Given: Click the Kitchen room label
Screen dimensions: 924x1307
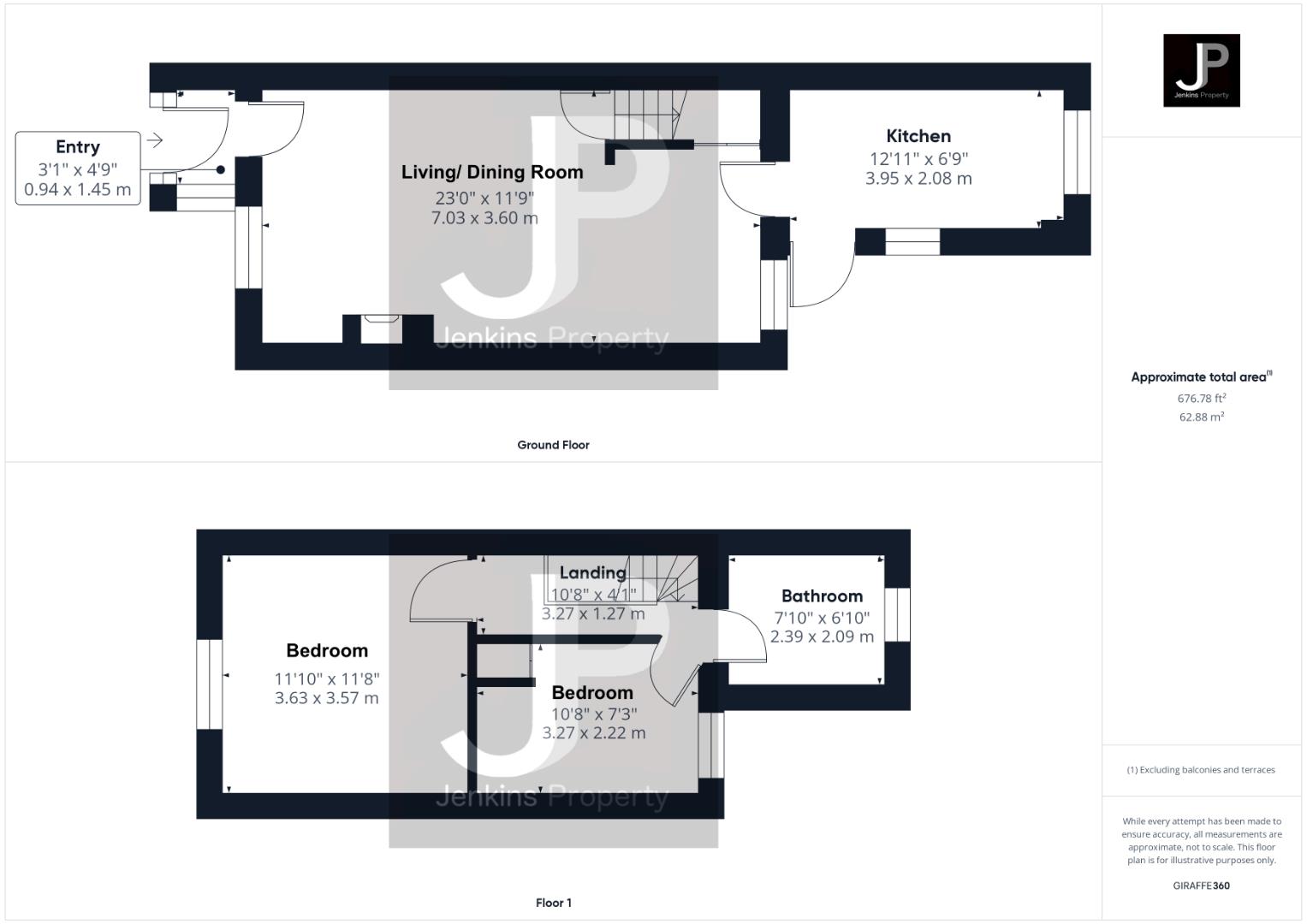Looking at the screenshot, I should [x=918, y=136].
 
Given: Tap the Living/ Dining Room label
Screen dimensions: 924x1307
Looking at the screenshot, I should [x=492, y=172].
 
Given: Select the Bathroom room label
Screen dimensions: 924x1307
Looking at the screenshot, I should [x=822, y=596].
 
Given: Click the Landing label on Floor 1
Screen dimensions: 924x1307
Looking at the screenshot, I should [x=592, y=573].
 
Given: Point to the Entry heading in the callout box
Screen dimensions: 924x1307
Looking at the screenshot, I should [x=78, y=147].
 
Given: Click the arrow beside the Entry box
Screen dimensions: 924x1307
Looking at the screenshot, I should [x=155, y=140].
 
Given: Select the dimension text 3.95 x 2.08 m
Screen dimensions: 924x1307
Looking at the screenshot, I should [x=918, y=179].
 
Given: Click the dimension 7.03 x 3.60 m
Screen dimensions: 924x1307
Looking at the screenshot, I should [x=484, y=218].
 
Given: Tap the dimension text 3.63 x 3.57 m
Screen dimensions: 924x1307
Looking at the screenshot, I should [x=326, y=698].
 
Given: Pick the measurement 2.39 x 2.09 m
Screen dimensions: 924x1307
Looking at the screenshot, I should [x=822, y=637].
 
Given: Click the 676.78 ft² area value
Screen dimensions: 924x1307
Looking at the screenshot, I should [x=1201, y=399].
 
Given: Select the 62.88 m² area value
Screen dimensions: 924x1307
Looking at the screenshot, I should [x=1201, y=418].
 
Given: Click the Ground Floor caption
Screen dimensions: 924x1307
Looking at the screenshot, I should [x=553, y=445].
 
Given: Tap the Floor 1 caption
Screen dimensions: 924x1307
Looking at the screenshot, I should [x=553, y=903].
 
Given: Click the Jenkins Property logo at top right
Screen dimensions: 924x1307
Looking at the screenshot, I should [x=1201, y=70].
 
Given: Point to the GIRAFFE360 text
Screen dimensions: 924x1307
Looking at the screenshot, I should [x=1201, y=885].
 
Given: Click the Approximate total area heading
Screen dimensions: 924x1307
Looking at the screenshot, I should [x=1200, y=377].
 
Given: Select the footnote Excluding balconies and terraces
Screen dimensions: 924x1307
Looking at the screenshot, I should [x=1201, y=770].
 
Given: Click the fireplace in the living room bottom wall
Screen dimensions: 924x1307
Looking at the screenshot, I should [x=380, y=329].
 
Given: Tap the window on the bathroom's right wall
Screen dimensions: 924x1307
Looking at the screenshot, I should [x=897, y=614].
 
